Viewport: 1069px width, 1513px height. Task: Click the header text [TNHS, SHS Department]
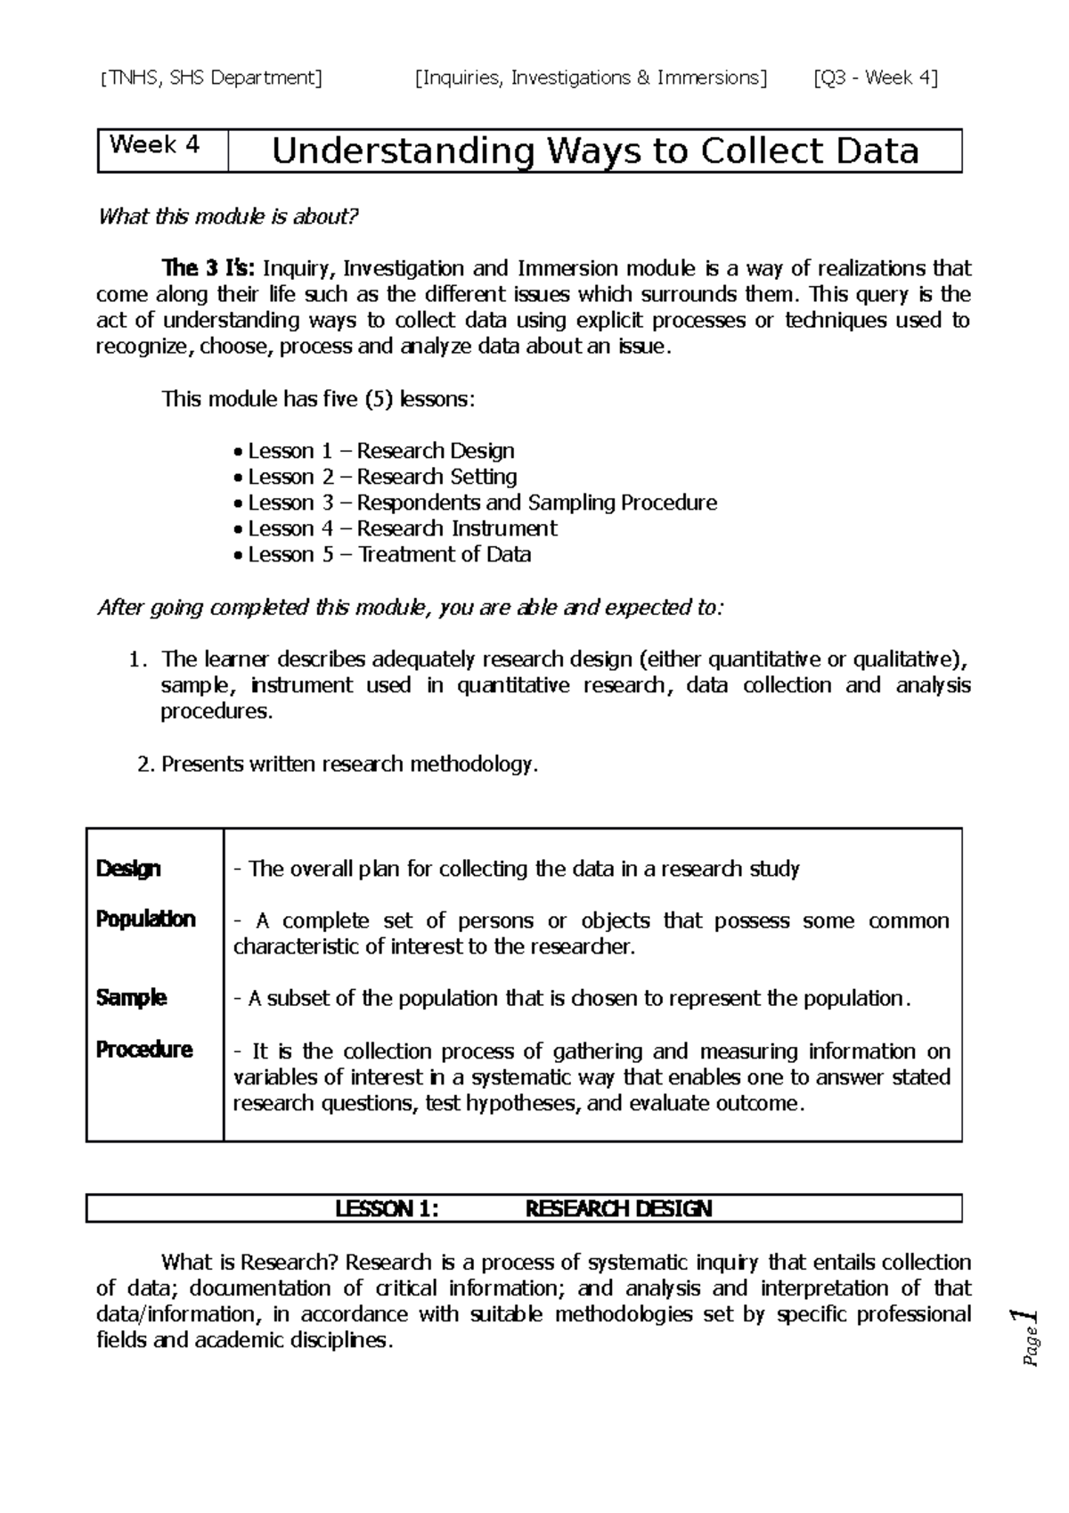tap(212, 78)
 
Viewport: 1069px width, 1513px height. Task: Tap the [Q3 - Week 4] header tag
tap(875, 78)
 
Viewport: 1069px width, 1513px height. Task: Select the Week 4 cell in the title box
tap(154, 145)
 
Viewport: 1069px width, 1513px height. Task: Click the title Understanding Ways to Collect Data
tap(594, 151)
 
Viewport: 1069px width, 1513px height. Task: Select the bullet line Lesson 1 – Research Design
tap(380, 451)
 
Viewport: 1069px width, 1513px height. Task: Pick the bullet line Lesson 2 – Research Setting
tap(382, 477)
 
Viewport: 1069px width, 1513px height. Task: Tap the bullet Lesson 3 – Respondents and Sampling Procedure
tap(482, 503)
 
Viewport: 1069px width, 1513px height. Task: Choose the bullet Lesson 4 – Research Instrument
tap(402, 528)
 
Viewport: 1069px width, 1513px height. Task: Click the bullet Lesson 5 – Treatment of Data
tap(389, 554)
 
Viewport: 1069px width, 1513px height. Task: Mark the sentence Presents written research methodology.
tap(349, 765)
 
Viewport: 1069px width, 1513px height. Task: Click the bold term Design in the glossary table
tap(128, 869)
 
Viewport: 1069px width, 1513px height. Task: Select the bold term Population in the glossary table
tap(145, 920)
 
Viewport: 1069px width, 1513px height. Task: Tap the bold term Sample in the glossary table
tap(131, 998)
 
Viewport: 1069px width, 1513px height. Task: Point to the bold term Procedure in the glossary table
tap(143, 1050)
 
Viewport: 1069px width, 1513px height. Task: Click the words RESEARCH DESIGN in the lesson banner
tap(618, 1209)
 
